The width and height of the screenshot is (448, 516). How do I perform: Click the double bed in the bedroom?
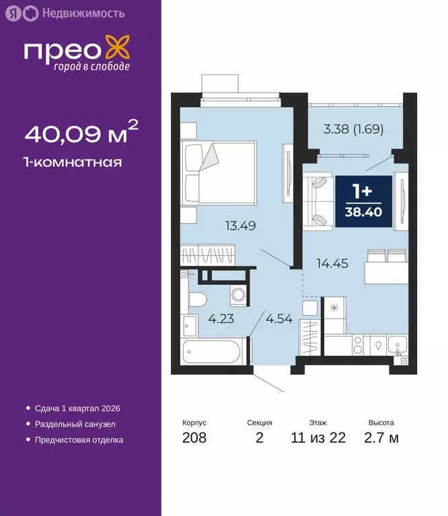(220, 172)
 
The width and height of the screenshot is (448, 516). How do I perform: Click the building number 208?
(194, 439)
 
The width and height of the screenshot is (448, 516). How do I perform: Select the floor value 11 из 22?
(318, 439)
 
